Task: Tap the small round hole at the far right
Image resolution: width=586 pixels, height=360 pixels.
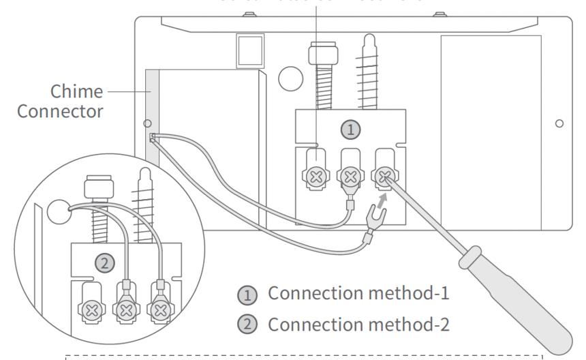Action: point(558,124)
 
